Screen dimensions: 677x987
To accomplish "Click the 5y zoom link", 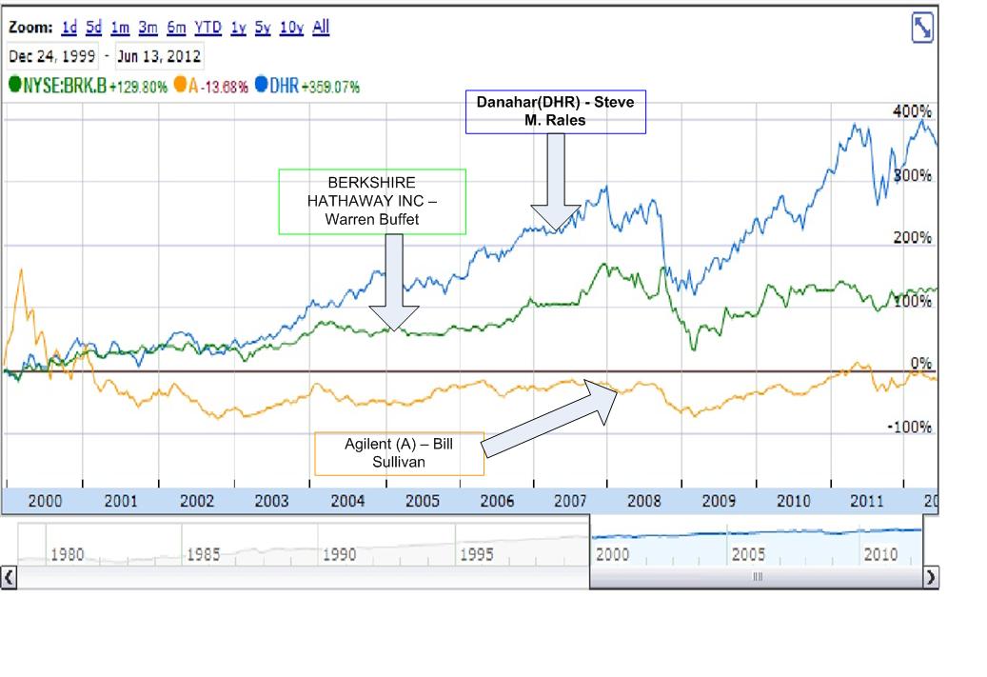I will click(264, 28).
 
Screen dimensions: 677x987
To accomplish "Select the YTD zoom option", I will click(208, 28).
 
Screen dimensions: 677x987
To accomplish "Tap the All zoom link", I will click(321, 28).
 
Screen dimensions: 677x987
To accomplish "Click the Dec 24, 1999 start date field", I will click(51, 56).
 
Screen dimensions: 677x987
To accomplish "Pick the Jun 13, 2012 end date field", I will click(158, 56).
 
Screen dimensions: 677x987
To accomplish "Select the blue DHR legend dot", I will click(261, 86).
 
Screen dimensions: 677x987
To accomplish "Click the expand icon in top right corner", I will click(921, 30).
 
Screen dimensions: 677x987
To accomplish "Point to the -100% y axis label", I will click(908, 427).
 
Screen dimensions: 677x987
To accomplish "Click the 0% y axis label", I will click(919, 364).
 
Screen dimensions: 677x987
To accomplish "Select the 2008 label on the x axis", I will click(643, 500).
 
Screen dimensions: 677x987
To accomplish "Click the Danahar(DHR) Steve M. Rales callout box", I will click(555, 112).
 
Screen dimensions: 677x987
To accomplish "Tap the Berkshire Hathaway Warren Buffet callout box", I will click(371, 201).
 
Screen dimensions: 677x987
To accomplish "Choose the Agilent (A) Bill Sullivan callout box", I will click(400, 452).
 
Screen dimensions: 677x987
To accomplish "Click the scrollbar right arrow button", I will click(930, 576).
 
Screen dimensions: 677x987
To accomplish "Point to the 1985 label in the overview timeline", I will click(202, 554).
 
